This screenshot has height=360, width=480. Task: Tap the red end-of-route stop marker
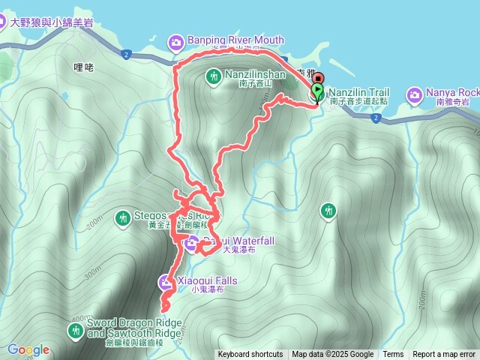[318, 78]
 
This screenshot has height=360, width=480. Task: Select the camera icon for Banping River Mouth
[175, 42]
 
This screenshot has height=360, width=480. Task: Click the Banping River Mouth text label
[235, 40]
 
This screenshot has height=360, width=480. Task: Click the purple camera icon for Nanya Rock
[414, 94]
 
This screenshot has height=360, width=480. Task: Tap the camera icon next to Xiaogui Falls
[165, 282]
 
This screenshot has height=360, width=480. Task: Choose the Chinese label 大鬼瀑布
[241, 250]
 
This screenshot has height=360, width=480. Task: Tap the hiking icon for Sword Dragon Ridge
[76, 329]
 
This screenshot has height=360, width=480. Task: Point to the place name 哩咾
[84, 67]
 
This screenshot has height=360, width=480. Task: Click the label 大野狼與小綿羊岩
[52, 23]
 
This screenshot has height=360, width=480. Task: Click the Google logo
[28, 349]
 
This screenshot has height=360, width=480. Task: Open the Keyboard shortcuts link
[250, 355]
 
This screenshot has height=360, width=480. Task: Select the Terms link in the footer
[393, 355]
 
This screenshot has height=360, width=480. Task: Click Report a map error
[444, 355]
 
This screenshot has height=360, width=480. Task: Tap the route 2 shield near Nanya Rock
[376, 117]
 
